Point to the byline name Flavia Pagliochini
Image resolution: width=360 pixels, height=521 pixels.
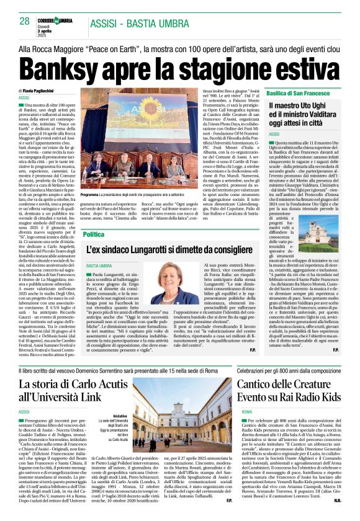click(47, 92)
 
